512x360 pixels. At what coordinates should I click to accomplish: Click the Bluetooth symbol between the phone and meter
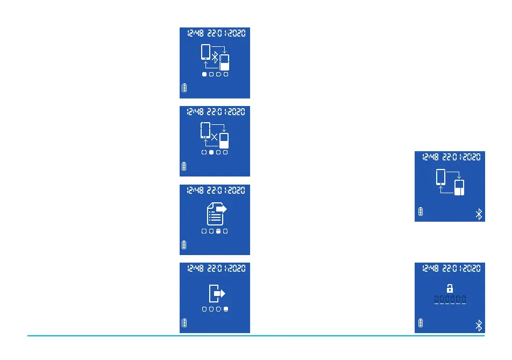(x=215, y=57)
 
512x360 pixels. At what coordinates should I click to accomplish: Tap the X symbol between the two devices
(x=215, y=137)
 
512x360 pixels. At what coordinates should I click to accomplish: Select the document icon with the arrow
(x=216, y=213)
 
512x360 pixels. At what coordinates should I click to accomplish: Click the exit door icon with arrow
(x=216, y=293)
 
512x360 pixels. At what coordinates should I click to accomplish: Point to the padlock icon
(x=450, y=288)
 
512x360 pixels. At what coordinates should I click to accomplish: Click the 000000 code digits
(x=450, y=299)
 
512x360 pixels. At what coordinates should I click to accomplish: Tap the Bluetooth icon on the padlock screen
(x=480, y=324)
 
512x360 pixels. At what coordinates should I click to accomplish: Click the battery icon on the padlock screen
(x=421, y=323)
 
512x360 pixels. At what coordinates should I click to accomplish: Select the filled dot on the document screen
(x=218, y=231)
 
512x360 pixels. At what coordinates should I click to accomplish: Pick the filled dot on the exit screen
(x=226, y=309)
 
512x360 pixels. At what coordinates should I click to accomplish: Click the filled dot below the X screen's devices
(x=211, y=153)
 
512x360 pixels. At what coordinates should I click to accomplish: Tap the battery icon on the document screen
(x=184, y=245)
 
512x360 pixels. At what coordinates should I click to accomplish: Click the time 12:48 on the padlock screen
(x=430, y=268)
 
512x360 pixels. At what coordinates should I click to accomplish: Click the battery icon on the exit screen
(x=184, y=323)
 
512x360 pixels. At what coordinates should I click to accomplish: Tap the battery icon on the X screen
(x=184, y=166)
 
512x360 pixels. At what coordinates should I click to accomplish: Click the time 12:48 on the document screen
(x=195, y=190)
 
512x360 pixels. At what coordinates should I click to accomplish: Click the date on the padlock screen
(x=461, y=268)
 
